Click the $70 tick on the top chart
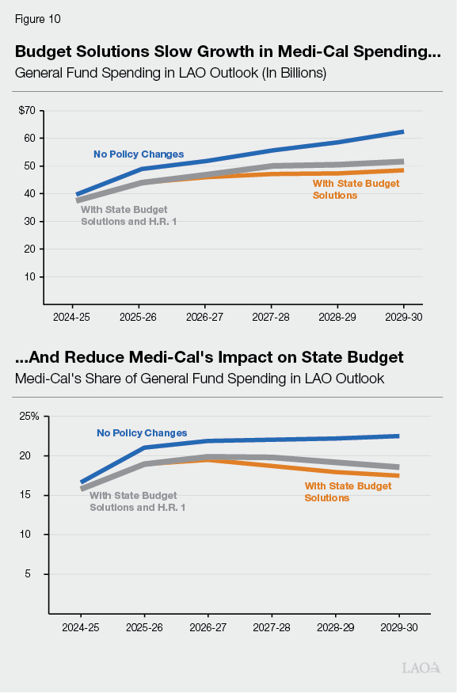pyautogui.click(x=27, y=110)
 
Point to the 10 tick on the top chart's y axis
pyautogui.click(x=29, y=276)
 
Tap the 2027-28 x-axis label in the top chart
pyautogui.click(x=272, y=317)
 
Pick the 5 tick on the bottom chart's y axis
pyautogui.click(x=36, y=574)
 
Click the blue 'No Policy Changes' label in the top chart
pyautogui.click(x=139, y=154)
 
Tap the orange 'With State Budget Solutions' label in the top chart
pyautogui.click(x=356, y=188)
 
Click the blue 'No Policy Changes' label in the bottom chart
pyautogui.click(x=142, y=433)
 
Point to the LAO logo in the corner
pyautogui.click(x=421, y=668)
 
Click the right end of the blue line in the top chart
pyautogui.click(x=402, y=131)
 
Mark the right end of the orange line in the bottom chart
pyautogui.click(x=398, y=475)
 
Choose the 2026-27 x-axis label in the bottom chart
pyautogui.click(x=208, y=626)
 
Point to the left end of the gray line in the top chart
pyautogui.click(x=78, y=201)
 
